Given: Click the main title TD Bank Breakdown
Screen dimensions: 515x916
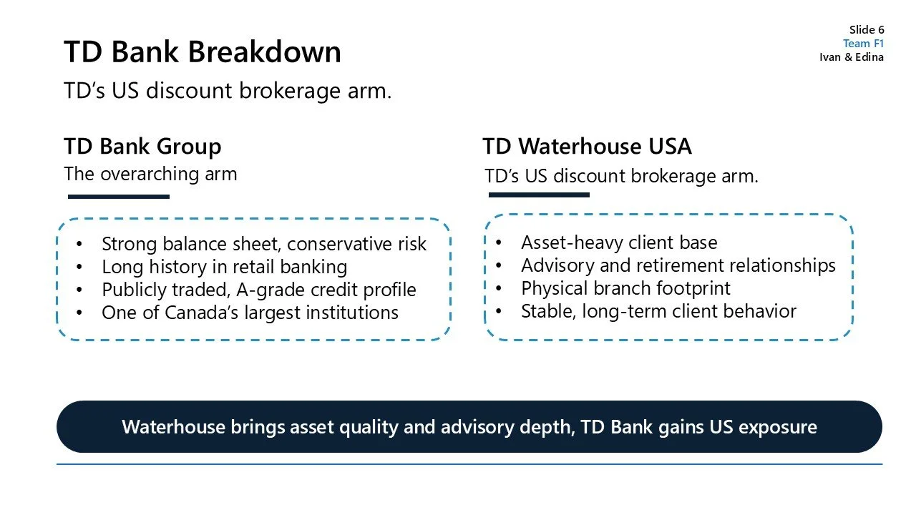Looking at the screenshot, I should [203, 52].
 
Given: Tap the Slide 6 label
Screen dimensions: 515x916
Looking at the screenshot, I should [867, 29].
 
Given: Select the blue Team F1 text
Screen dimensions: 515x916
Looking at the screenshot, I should [863, 43].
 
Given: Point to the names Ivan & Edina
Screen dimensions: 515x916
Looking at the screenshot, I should [852, 57].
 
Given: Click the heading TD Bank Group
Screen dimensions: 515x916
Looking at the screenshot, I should [142, 146].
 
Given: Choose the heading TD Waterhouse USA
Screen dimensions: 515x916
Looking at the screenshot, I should [587, 146].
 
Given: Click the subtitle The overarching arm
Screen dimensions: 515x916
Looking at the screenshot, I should [150, 174].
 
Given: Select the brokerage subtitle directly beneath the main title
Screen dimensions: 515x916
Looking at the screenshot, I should [228, 91].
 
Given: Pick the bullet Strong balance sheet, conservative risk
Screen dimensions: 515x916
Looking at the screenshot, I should [263, 244].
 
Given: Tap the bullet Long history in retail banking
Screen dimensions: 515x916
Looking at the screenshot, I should [224, 267].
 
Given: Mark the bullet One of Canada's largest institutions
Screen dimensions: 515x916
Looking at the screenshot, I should [250, 313].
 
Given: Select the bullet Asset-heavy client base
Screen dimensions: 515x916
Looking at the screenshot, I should [619, 242].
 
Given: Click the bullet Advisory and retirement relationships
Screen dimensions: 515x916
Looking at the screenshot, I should [678, 265].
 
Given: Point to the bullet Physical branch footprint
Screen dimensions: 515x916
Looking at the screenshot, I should [625, 288].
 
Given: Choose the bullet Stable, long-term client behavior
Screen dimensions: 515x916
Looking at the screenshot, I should [658, 311].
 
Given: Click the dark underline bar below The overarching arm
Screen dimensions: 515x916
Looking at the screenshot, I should [118, 197].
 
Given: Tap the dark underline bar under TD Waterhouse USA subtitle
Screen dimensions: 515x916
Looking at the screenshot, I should [538, 195].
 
